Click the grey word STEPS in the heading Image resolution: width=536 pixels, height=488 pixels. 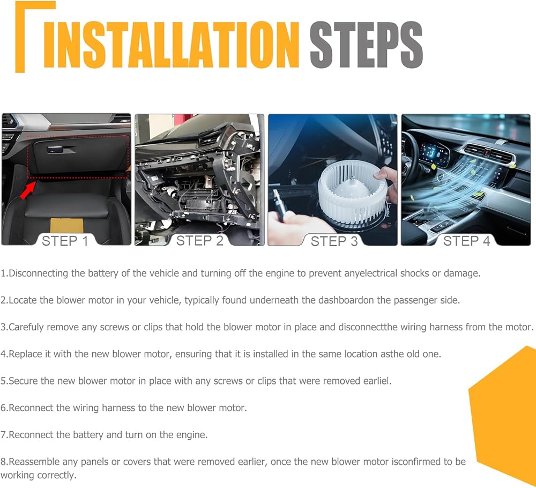366,45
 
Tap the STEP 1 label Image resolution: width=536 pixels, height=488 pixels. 65,241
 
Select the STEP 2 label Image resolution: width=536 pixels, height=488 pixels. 199,241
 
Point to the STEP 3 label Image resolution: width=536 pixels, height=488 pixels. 334,241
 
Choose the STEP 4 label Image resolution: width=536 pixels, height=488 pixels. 467,241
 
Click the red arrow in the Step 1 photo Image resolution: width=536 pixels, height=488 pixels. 28,190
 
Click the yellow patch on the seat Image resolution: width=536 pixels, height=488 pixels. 66,226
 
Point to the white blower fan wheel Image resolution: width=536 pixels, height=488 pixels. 352,193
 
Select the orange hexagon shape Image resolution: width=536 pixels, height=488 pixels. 502,414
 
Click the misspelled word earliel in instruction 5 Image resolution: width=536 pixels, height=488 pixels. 376,381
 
